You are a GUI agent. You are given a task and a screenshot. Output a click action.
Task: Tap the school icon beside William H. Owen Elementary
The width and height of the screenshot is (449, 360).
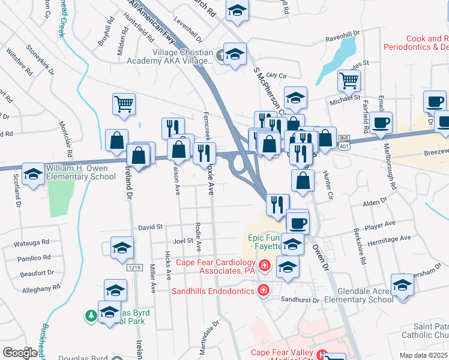32,174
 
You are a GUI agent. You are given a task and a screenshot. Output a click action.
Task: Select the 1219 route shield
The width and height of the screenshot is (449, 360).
134,266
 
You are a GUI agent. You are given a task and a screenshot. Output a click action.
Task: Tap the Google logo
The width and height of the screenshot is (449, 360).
20,352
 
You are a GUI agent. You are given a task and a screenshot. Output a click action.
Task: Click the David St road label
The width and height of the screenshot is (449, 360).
151,227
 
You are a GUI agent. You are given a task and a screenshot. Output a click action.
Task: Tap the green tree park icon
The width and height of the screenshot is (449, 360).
91,314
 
